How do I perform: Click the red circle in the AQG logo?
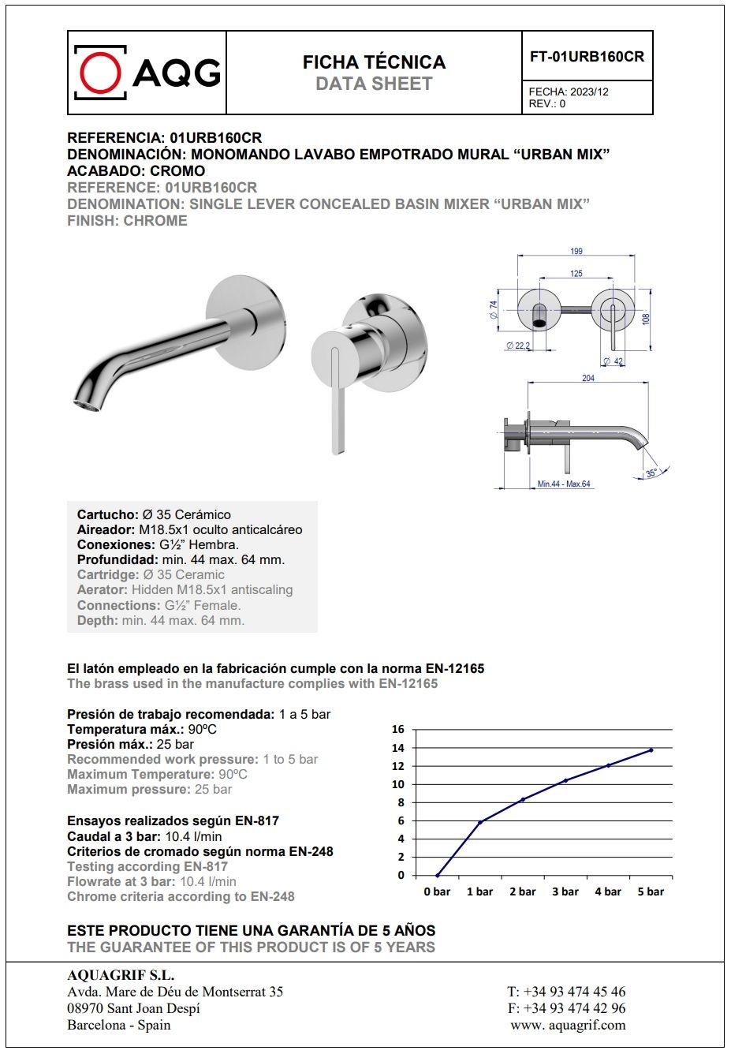100,73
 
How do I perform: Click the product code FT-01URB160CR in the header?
587,57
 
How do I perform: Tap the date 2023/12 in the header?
589,92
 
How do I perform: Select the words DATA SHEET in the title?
374,84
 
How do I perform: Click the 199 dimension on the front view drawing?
576,251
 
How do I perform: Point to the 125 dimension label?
576,274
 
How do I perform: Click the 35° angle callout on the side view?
651,473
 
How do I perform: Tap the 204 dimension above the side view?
588,379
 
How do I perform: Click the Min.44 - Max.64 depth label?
564,484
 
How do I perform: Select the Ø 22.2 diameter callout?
518,346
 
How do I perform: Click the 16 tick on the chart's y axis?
398,729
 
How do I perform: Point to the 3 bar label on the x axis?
565,891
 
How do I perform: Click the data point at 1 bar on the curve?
480,822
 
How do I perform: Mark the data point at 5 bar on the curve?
651,750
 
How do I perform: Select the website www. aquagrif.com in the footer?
568,1025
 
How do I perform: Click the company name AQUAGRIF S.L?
121,975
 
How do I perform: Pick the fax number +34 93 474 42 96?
574,1008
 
